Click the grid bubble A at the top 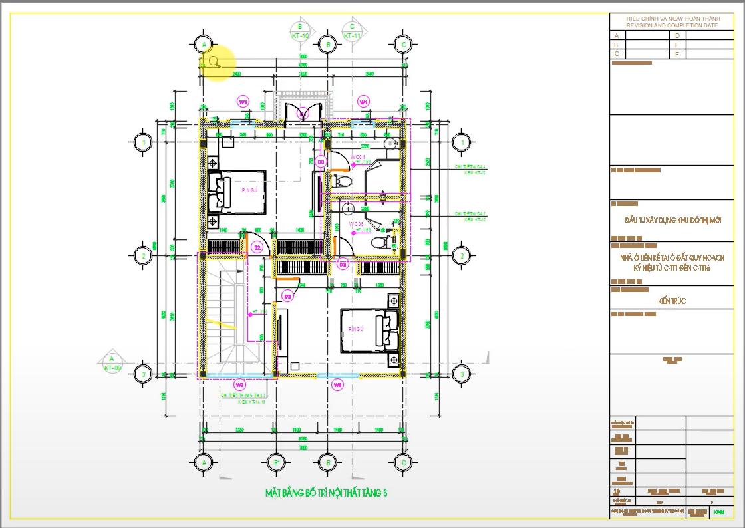click(204, 45)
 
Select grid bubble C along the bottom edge click(402, 462)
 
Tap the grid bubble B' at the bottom click(277, 462)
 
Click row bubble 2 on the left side click(142, 255)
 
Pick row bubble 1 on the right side click(460, 142)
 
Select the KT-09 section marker click(112, 363)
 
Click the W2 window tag click(239, 385)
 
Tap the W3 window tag click(337, 385)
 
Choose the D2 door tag click(257, 248)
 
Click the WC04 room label click(358, 157)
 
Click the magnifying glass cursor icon click(215, 62)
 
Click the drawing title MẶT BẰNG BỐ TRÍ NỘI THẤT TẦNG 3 click(326, 493)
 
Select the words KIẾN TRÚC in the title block click(672, 301)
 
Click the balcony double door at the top click(303, 114)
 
